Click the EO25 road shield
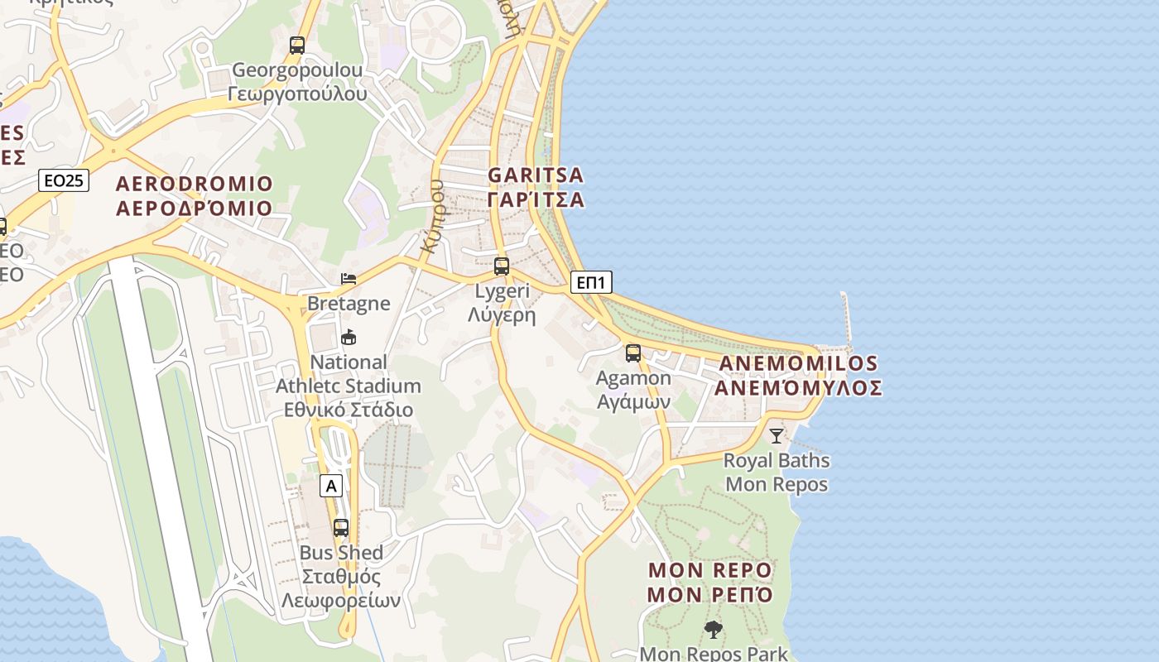pyautogui.click(x=64, y=180)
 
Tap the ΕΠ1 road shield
pyautogui.click(x=591, y=283)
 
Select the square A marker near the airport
pyautogui.click(x=331, y=486)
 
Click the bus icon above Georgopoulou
pyautogui.click(x=297, y=46)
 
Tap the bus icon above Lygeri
pyautogui.click(x=501, y=266)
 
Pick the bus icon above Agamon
pyautogui.click(x=633, y=353)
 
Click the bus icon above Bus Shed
pyautogui.click(x=340, y=527)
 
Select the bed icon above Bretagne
pyautogui.click(x=349, y=279)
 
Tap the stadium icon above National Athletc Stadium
pyautogui.click(x=349, y=338)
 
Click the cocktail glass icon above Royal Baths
pyautogui.click(x=776, y=435)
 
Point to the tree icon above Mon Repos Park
pyautogui.click(x=713, y=630)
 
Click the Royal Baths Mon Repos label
pyautogui.click(x=777, y=472)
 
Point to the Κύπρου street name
pyautogui.click(x=433, y=215)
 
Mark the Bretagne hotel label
pyautogui.click(x=349, y=304)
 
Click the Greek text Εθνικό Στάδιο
pyautogui.click(x=349, y=410)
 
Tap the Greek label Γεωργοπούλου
pyautogui.click(x=297, y=94)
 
